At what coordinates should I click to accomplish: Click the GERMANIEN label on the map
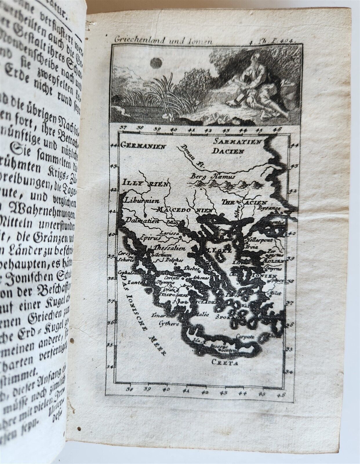tap(143, 146)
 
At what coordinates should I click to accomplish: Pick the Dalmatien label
tap(138, 221)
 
